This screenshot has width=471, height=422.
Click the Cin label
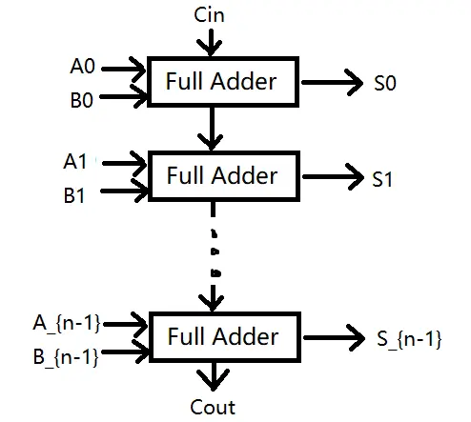pyautogui.click(x=209, y=15)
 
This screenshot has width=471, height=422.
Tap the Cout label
pyautogui.click(x=213, y=407)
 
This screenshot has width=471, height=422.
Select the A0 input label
pyautogui.click(x=83, y=67)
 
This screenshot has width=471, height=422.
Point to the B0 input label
pyautogui.click(x=82, y=100)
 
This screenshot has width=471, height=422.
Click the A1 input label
pyautogui.click(x=75, y=161)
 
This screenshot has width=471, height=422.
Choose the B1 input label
pyautogui.click(x=74, y=195)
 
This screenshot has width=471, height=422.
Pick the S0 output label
pyautogui.click(x=385, y=83)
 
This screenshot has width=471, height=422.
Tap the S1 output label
pyautogui.click(x=382, y=179)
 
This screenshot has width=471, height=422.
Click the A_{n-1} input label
pyautogui.click(x=67, y=324)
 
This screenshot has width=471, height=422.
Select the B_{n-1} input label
pyautogui.click(x=66, y=357)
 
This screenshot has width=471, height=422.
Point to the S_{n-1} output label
pyautogui.click(x=409, y=339)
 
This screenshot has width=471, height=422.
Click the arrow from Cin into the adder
pyautogui.click(x=210, y=43)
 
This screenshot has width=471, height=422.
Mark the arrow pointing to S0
pyautogui.click(x=332, y=82)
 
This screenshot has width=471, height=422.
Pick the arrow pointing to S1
pyautogui.click(x=334, y=176)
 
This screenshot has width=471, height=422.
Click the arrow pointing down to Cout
pyautogui.click(x=214, y=376)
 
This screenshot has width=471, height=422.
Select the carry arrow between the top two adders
pyautogui.click(x=211, y=129)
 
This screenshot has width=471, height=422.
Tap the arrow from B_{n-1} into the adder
pyautogui.click(x=125, y=352)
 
